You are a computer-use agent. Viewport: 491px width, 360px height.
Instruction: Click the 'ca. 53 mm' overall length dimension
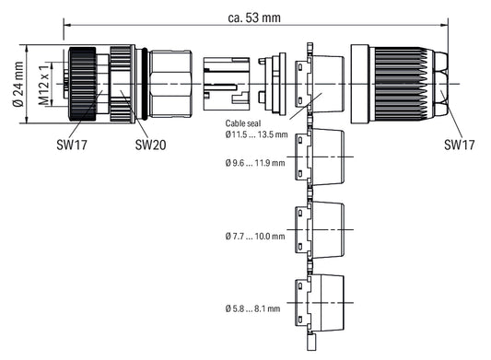(x=254, y=17)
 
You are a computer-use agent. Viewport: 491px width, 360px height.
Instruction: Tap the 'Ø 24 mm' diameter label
(x=18, y=84)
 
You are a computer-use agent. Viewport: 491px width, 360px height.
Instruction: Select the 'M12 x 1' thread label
(x=44, y=85)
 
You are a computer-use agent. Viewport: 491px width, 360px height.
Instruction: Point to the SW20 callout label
(x=151, y=145)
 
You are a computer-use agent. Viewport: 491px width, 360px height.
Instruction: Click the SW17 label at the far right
(x=460, y=145)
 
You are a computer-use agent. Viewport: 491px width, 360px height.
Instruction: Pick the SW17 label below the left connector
(x=72, y=145)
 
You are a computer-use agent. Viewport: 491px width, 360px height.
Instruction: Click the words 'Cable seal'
(x=243, y=123)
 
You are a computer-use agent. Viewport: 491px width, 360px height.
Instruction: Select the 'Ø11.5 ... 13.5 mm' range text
(x=256, y=134)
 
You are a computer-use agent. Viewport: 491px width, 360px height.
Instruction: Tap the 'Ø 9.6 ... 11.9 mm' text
(x=255, y=163)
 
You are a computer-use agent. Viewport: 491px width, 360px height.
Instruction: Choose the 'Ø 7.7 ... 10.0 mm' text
(x=255, y=236)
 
